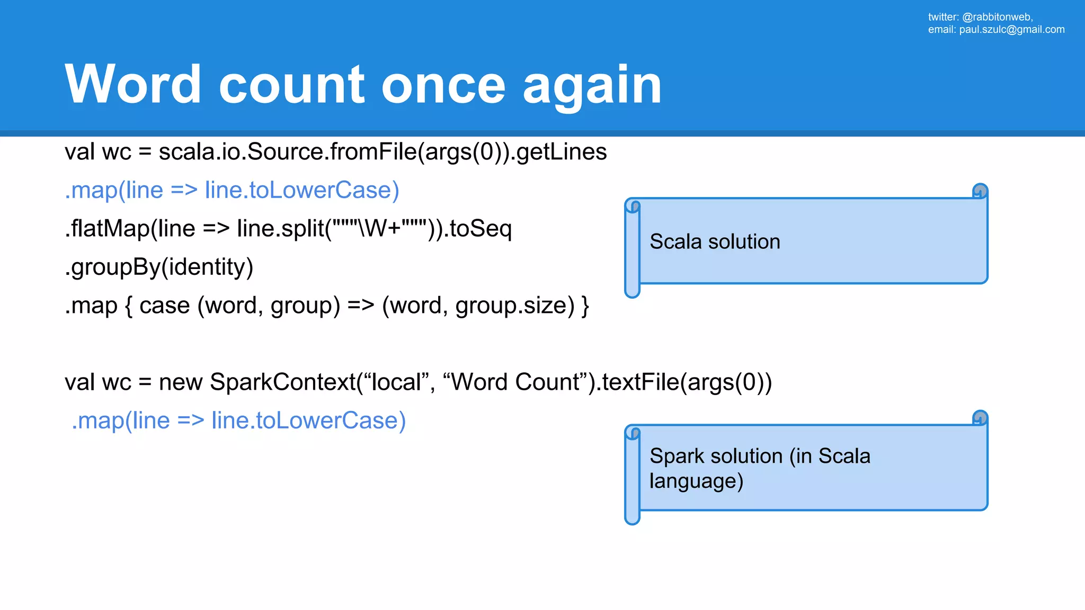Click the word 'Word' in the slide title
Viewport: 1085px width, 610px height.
(132, 85)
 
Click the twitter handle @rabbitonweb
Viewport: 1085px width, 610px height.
(997, 17)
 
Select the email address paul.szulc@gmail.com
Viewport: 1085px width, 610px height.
(1011, 30)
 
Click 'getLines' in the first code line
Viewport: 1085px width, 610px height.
(561, 152)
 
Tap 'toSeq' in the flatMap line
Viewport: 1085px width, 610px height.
(481, 229)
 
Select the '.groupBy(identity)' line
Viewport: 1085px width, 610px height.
(159, 267)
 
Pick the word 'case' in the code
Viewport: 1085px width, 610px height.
(164, 306)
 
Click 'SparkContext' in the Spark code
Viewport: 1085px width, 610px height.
(283, 382)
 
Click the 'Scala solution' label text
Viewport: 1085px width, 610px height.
(715, 242)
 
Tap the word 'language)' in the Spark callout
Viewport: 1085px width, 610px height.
(696, 481)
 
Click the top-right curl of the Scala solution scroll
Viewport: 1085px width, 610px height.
(980, 191)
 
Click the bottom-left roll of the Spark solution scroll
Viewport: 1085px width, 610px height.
(632, 516)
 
